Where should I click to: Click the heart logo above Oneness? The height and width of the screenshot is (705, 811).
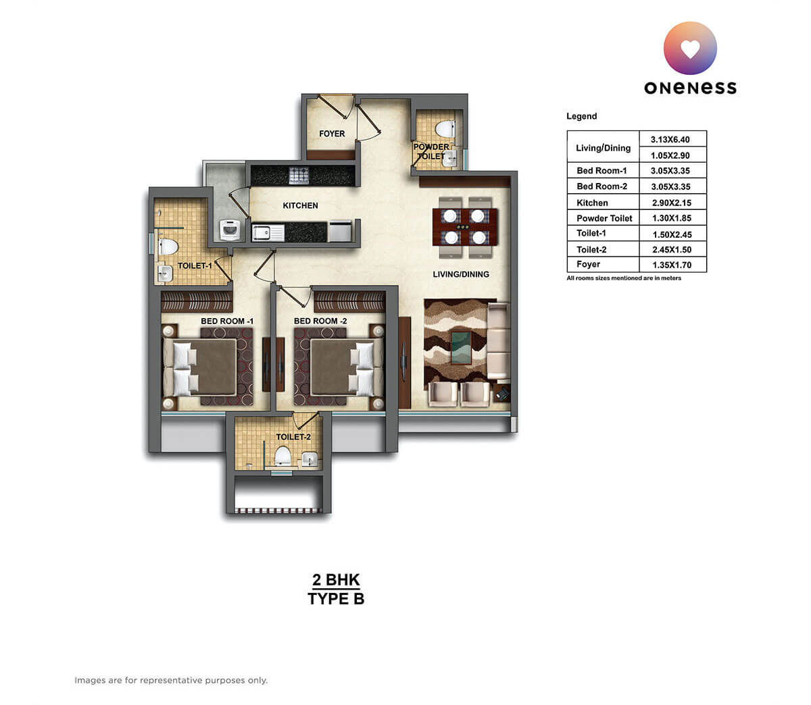click(x=690, y=48)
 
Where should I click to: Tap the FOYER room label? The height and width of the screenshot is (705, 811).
click(x=332, y=134)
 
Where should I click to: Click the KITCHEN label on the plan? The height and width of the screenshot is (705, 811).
click(x=300, y=205)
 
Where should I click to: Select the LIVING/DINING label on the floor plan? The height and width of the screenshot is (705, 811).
click(x=461, y=274)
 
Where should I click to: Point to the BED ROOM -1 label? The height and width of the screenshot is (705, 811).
click(x=226, y=321)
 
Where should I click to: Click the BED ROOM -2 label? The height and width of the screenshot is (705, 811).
click(x=320, y=321)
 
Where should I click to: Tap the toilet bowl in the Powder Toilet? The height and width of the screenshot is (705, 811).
click(x=445, y=128)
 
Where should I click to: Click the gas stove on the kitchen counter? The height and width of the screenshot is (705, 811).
click(x=299, y=176)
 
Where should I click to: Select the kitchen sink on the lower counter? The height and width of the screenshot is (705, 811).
click(x=268, y=233)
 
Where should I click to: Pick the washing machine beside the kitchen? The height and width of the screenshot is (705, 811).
click(x=230, y=230)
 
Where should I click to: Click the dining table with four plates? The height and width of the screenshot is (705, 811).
click(x=464, y=227)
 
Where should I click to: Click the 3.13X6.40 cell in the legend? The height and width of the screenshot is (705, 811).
click(x=670, y=139)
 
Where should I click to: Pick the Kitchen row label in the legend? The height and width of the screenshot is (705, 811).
click(x=592, y=203)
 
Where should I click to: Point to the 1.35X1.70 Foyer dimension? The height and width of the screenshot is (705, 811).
click(x=670, y=265)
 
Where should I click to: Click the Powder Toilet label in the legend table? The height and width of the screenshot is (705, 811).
click(x=604, y=218)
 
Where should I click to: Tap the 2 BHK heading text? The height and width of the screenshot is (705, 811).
click(x=336, y=579)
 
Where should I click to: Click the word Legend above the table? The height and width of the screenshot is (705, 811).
click(x=581, y=116)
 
